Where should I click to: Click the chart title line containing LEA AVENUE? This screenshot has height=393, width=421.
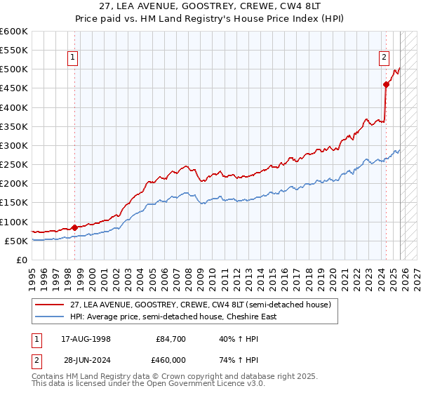[x=210, y=8]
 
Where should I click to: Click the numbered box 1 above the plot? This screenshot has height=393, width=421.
[x=73, y=59]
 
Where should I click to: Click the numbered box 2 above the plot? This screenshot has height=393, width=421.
[x=385, y=59]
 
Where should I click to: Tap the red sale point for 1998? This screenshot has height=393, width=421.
[x=75, y=227]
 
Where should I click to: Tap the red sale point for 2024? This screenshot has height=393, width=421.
[x=386, y=85]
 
